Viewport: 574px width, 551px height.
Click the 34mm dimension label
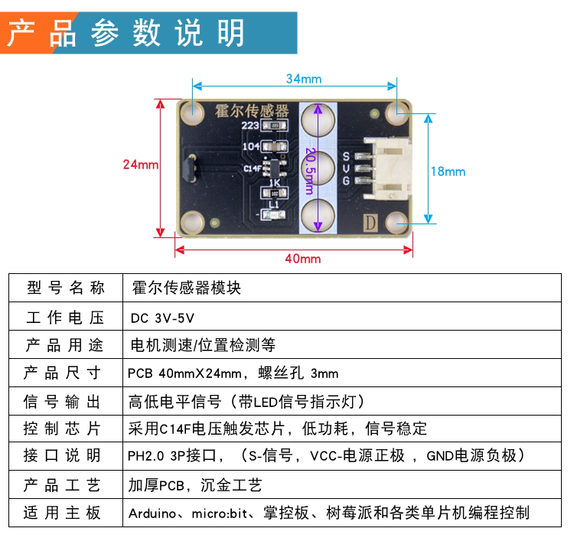pyautogui.click(x=304, y=79)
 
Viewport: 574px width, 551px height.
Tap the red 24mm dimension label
pyautogui.click(x=141, y=165)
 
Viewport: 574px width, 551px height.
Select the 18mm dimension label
pyautogui.click(x=448, y=171)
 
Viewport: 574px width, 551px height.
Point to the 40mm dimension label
pyautogui.click(x=303, y=259)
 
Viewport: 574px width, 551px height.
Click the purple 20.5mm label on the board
pyautogui.click(x=310, y=171)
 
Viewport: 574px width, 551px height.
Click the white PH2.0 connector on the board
pyautogui.click(x=388, y=168)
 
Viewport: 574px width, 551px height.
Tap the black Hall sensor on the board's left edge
pyautogui.click(x=191, y=168)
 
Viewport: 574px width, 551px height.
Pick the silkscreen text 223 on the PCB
pyautogui.click(x=250, y=126)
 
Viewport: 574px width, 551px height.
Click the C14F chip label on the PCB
pyautogui.click(x=253, y=168)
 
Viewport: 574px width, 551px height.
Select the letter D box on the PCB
pyautogui.click(x=370, y=223)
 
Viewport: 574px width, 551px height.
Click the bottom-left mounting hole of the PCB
pyautogui.click(x=192, y=223)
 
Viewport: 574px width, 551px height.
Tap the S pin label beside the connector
pyautogui.click(x=346, y=156)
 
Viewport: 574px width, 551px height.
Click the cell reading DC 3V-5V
pyautogui.click(x=162, y=318)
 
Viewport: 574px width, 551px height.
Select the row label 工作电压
pyautogui.click(x=65, y=318)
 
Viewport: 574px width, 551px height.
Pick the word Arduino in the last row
pyautogui.click(x=152, y=514)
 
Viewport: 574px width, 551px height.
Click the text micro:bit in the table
pyautogui.click(x=220, y=514)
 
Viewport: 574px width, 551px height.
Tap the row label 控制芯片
pyautogui.click(x=62, y=429)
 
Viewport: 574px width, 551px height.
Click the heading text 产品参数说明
pyautogui.click(x=126, y=33)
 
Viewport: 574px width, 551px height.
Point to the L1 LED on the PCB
pyautogui.click(x=273, y=215)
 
